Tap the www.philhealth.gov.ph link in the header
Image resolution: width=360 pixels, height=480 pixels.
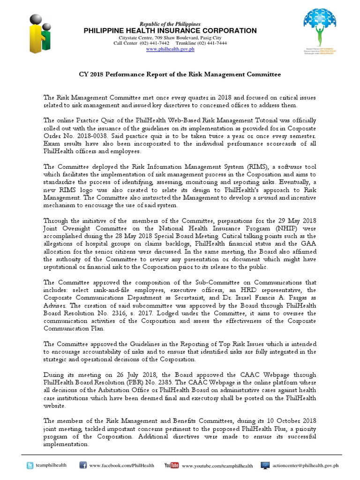[170, 49]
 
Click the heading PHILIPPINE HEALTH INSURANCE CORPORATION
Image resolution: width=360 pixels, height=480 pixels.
[170, 31]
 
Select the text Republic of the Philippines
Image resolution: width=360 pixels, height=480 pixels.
[170, 24]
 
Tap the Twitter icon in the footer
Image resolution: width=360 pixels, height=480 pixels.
[31, 465]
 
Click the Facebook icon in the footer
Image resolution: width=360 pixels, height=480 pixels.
[82, 465]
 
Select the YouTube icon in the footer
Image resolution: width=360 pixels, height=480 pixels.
[171, 465]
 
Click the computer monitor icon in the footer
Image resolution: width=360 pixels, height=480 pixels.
[266, 465]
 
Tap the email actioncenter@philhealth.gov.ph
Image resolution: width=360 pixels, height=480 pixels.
[312, 465]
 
